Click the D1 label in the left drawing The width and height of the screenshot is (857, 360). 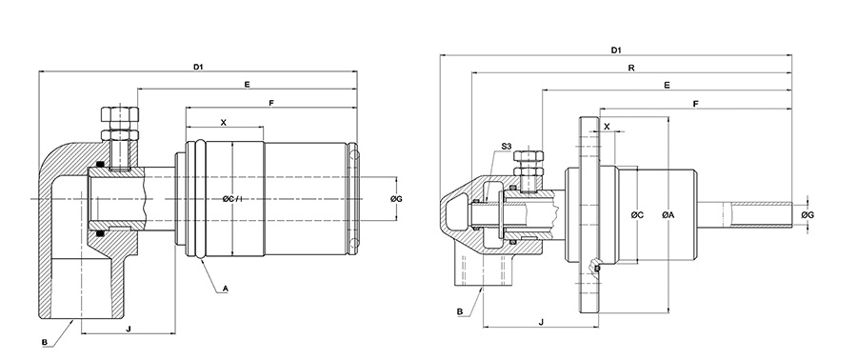[x=198, y=68]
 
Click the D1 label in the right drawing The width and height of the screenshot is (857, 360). [x=616, y=50]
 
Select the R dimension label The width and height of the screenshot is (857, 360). [x=631, y=68]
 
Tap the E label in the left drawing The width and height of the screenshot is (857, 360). [x=247, y=85]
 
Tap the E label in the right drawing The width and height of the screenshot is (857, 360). [x=667, y=85]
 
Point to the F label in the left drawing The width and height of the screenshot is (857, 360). [x=271, y=103]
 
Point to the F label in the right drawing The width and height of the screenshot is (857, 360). [x=695, y=103]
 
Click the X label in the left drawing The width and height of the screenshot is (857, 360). [x=224, y=122]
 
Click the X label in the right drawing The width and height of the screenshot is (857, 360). [x=607, y=126]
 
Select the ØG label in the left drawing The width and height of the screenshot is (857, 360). [x=397, y=199]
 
